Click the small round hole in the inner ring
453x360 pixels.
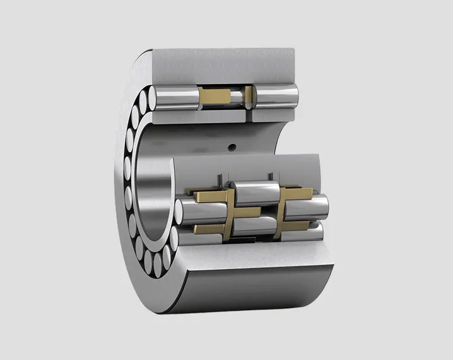click(232, 148)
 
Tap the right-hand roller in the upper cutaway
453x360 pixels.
click(277, 97)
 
